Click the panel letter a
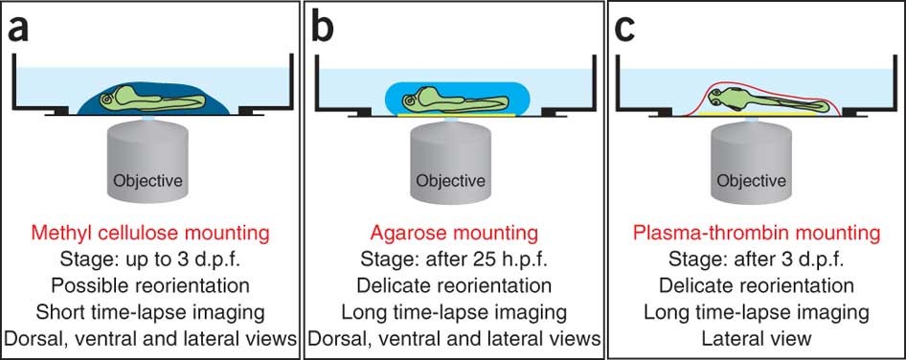[x=18, y=30]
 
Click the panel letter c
[x=625, y=30]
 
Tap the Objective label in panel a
[x=148, y=181]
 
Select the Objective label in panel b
[x=451, y=181]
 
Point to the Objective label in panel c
[x=752, y=181]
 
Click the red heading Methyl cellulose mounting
[x=150, y=234]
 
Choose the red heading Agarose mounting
[x=454, y=234]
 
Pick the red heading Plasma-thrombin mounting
[x=757, y=234]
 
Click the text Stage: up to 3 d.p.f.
[x=150, y=260]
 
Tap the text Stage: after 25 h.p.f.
[x=454, y=260]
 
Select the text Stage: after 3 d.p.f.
[x=757, y=260]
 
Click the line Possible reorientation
[x=150, y=286]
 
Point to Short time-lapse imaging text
[x=150, y=313]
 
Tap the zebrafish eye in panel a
[x=107, y=100]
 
